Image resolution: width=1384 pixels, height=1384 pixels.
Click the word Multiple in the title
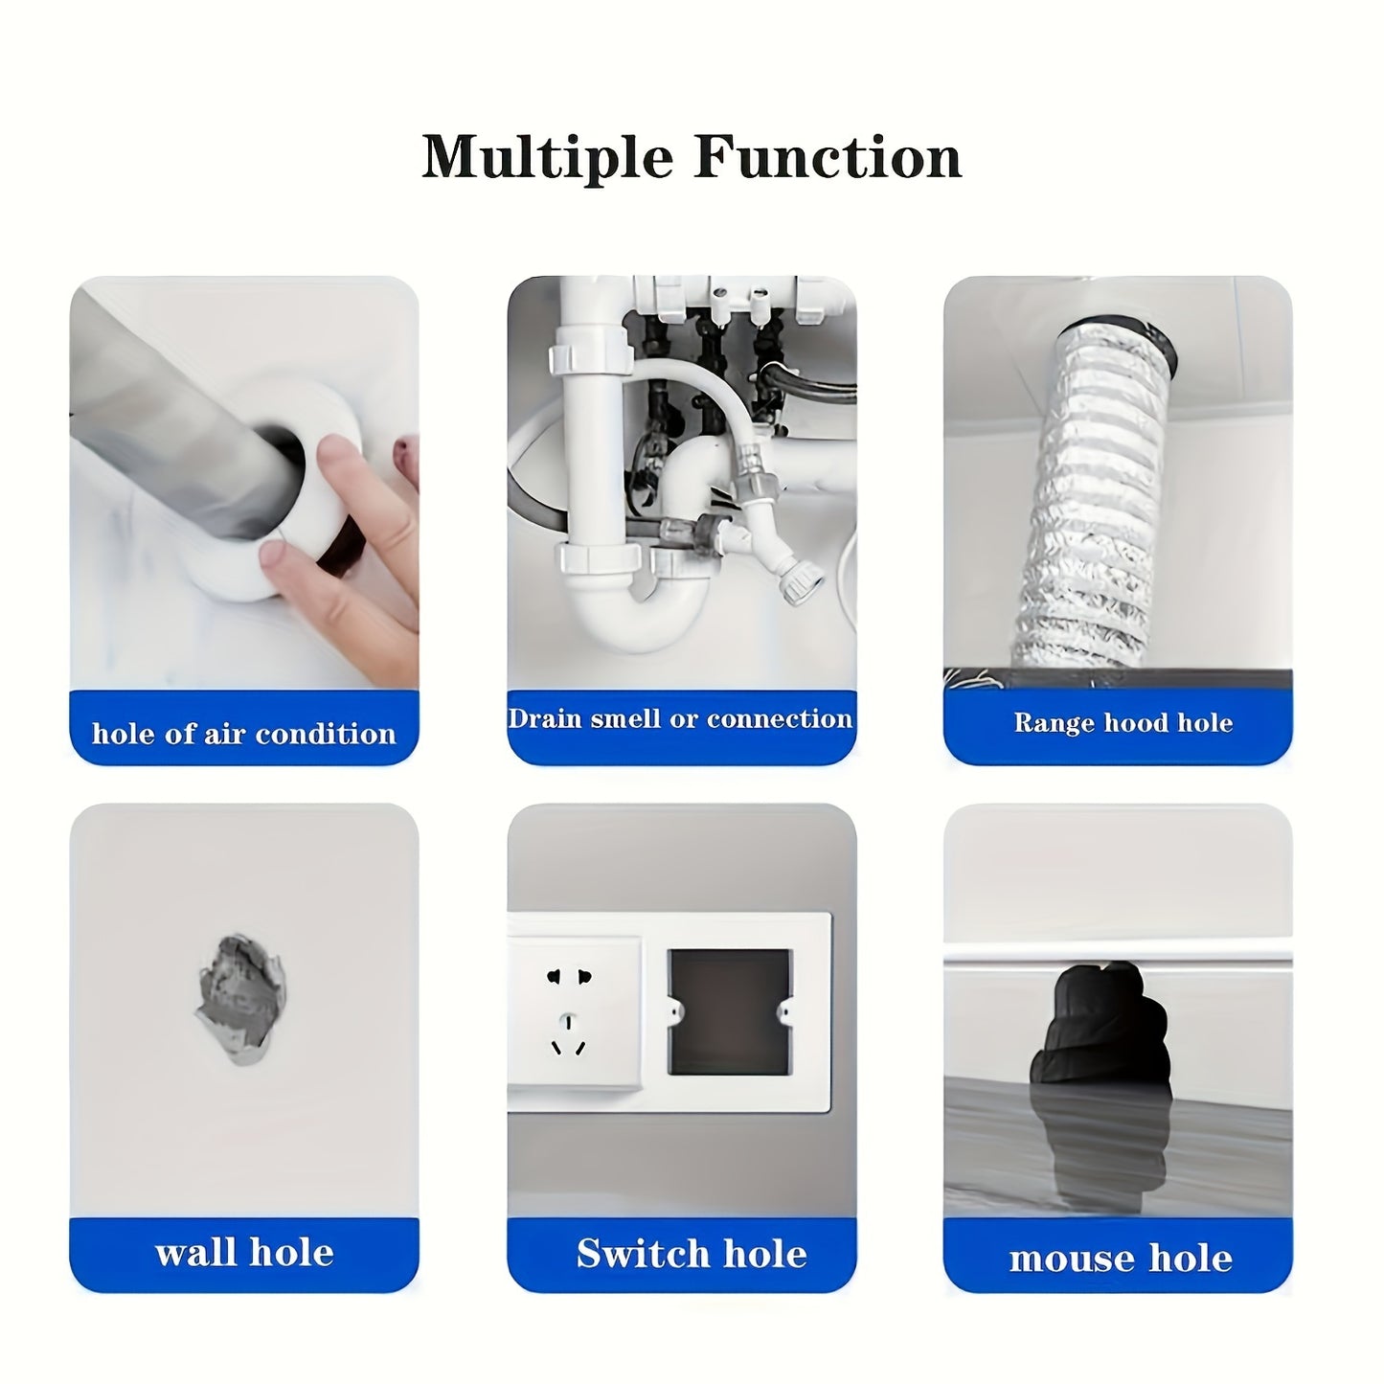(x=547, y=158)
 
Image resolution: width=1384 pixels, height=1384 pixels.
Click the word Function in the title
(x=828, y=156)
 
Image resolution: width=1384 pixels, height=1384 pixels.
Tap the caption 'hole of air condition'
(x=244, y=734)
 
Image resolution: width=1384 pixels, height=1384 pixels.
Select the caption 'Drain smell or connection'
(x=680, y=719)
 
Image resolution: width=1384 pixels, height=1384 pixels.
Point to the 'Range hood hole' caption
(x=1123, y=722)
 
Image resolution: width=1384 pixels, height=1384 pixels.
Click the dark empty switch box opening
(x=730, y=1012)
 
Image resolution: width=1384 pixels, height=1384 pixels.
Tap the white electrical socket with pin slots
(x=574, y=1013)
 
